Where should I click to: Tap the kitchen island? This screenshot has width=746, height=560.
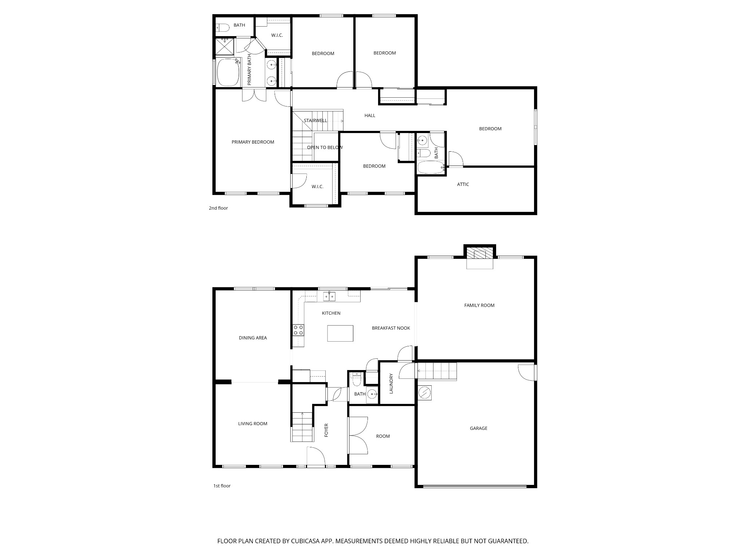[x=340, y=333]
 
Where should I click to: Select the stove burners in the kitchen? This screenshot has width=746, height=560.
[x=298, y=330]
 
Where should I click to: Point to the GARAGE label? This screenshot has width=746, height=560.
[x=478, y=428]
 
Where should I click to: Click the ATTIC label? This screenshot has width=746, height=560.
[x=463, y=184]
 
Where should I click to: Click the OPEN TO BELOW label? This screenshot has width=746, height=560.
[x=325, y=148]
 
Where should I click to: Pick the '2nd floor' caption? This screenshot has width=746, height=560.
[x=218, y=208]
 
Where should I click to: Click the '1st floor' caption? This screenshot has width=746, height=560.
[x=222, y=486]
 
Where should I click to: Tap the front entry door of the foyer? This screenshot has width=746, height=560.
[x=315, y=456]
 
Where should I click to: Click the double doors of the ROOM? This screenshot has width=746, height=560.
[x=358, y=436]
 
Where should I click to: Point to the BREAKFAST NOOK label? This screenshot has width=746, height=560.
[x=391, y=328]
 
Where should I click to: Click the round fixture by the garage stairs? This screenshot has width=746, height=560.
[x=424, y=393]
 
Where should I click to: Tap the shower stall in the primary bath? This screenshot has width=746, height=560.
[x=224, y=46]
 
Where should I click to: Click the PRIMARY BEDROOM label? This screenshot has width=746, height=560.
[x=253, y=142]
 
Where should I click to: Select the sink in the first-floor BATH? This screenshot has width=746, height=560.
[x=372, y=393]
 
